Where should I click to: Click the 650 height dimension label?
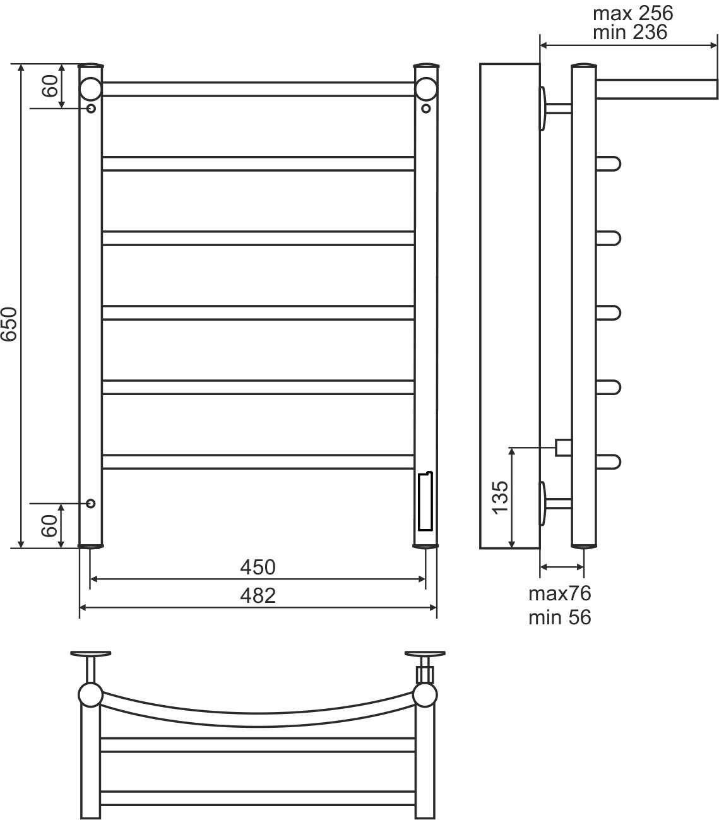pyautogui.click(x=9, y=324)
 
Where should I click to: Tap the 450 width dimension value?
pyautogui.click(x=258, y=567)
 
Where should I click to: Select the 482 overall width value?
pyautogui.click(x=258, y=595)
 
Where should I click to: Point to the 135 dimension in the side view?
pyautogui.click(x=500, y=497)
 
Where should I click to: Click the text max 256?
pyautogui.click(x=633, y=13)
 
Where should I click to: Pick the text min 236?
pyautogui.click(x=630, y=32)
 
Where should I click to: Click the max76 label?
pyautogui.click(x=559, y=594)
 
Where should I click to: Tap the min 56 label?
pyautogui.click(x=559, y=617)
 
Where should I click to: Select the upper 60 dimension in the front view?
pyautogui.click(x=51, y=86)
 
